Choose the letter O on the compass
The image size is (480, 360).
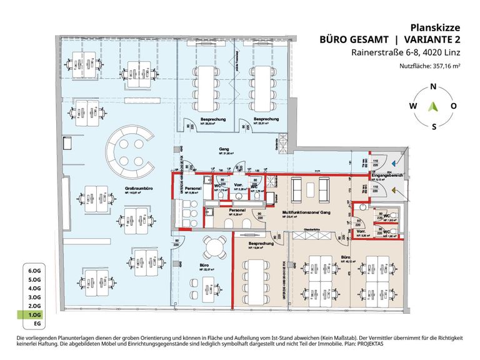[454, 106]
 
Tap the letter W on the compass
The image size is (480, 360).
[412, 106]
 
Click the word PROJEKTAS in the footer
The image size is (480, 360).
[369, 345]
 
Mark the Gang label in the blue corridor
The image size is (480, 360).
[222, 149]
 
